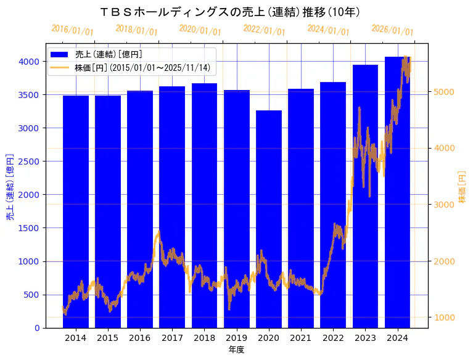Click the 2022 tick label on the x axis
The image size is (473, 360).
pyautogui.click(x=333, y=338)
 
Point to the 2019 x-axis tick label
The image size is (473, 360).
pyautogui.click(x=237, y=338)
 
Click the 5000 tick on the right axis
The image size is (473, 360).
pyautogui.click(x=444, y=92)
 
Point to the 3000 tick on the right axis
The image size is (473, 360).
pyautogui.click(x=444, y=205)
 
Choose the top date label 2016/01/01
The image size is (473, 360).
pyautogui.click(x=72, y=30)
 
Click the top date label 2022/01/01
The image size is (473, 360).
pyautogui.click(x=264, y=30)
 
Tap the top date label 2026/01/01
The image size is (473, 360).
pyautogui.click(x=392, y=30)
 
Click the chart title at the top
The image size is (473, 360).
pyautogui.click(x=229, y=12)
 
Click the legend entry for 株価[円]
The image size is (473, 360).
pyautogui.click(x=142, y=67)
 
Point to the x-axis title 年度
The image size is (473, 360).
pyautogui.click(x=237, y=350)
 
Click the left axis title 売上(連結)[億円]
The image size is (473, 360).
pyautogui.click(x=10, y=187)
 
